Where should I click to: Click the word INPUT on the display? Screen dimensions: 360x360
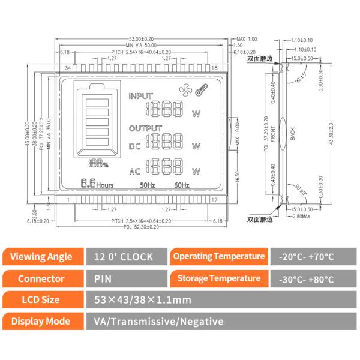pyautogui.click(x=141, y=97)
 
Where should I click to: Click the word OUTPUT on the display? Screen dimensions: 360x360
pyautogui.click(x=145, y=128)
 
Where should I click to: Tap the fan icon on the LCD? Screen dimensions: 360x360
pyautogui.click(x=185, y=91)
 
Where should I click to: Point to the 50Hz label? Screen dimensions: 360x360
pyautogui.click(x=147, y=185)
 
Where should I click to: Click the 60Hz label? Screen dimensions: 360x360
pyautogui.click(x=182, y=185)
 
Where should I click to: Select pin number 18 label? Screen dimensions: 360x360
pyautogui.click(x=215, y=68)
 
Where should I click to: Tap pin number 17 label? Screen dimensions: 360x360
pyautogui.click(x=215, y=199)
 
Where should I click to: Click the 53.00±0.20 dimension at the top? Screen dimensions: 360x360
pyautogui.click(x=142, y=38)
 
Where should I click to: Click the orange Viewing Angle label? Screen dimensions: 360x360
pyautogui.click(x=41, y=257)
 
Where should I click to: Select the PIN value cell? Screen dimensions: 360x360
pyautogui.click(x=102, y=278)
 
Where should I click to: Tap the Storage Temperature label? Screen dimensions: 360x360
pyautogui.click(x=218, y=278)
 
